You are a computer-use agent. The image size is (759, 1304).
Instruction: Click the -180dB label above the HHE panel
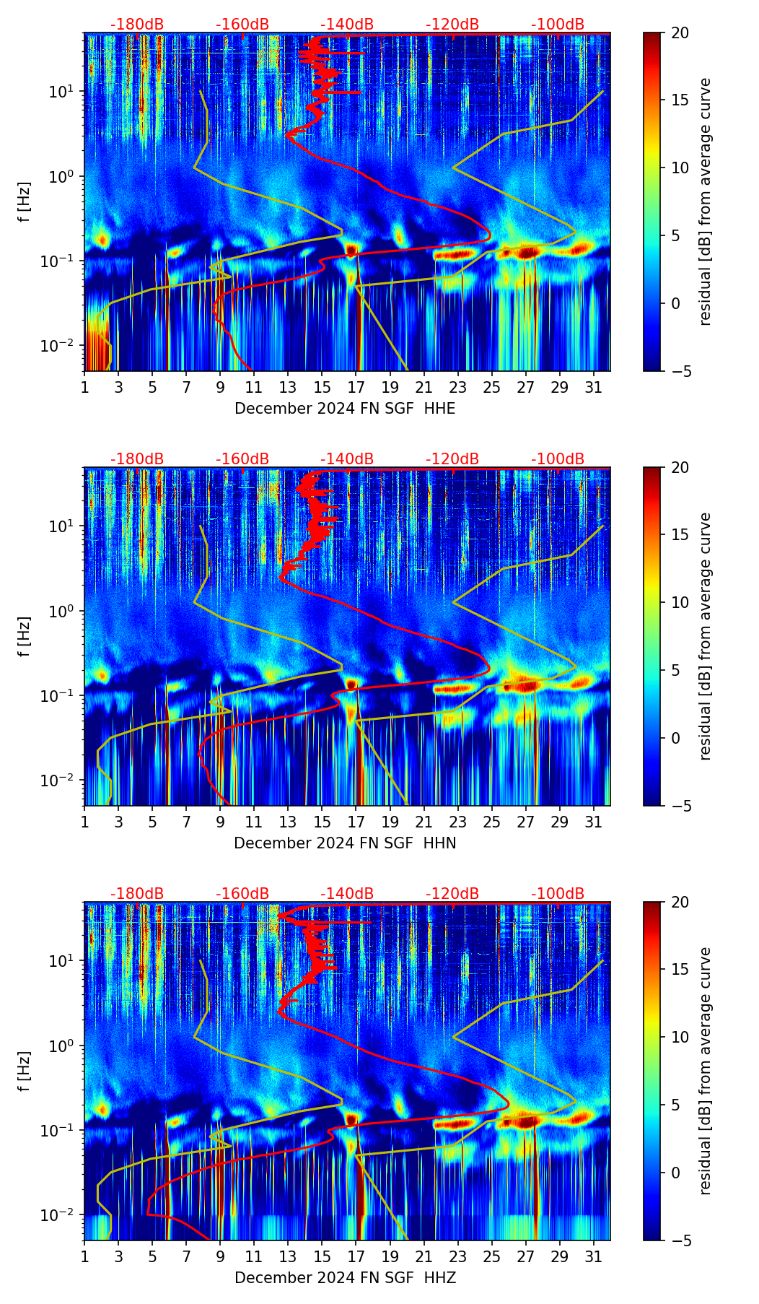coord(137,25)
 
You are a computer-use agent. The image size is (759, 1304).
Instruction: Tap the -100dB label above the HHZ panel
coord(558,894)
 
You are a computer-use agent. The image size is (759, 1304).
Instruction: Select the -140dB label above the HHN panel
coord(347,459)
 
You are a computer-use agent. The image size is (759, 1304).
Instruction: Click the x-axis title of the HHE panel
coord(345,409)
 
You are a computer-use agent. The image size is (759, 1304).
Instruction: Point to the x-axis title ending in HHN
coord(345,843)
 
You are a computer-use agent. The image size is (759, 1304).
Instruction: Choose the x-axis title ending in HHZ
coord(345,1278)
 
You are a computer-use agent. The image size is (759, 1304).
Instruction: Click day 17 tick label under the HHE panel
coord(356,388)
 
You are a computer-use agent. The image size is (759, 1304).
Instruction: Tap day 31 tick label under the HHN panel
coord(594,822)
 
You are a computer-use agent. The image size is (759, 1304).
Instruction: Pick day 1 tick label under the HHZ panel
coord(85,1257)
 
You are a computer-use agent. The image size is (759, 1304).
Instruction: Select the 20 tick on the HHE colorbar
coord(680,33)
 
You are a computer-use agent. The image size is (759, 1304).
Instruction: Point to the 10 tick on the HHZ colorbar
coord(680,1038)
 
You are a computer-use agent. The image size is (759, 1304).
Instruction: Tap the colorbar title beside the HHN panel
coord(706,636)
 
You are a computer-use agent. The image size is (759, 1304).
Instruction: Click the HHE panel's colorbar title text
coord(706,201)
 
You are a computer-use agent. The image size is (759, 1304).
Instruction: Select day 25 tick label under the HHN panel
coord(492,822)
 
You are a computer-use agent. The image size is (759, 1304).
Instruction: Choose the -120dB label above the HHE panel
coord(452,25)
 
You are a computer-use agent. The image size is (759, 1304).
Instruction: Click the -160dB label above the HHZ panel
coord(242,894)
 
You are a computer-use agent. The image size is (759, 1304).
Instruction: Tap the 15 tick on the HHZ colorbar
coord(680,970)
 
